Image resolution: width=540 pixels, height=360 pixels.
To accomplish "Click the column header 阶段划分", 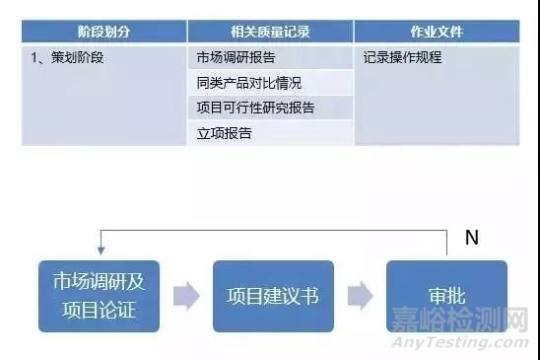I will [x=103, y=32].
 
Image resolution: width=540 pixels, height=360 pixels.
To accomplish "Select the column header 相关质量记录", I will [x=269, y=32].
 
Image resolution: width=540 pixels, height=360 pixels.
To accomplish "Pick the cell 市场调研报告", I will [x=236, y=57].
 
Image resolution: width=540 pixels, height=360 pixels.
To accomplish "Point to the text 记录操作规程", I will [x=402, y=57].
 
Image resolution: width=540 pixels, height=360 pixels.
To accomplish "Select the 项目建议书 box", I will [x=272, y=296].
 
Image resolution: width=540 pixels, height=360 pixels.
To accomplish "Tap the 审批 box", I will [x=445, y=296].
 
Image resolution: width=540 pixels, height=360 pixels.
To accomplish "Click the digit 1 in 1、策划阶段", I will [x=35, y=57].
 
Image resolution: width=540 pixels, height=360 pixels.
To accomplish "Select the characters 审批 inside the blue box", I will [x=445, y=296].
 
